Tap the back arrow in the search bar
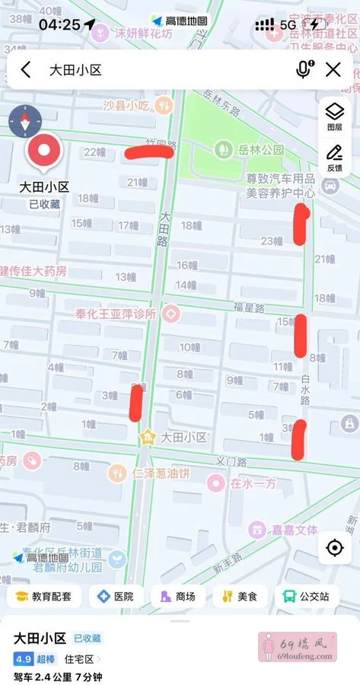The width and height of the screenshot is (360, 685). click(26, 70)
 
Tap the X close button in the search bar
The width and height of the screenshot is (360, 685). click(333, 70)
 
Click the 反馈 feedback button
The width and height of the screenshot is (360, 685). click(334, 157)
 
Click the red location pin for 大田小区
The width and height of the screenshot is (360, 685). click(44, 150)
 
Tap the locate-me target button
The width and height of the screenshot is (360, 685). click(334, 547)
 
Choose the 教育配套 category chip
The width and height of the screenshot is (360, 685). click(44, 597)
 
